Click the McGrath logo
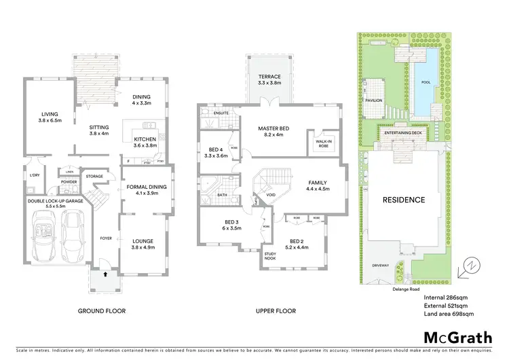click(x=454, y=337)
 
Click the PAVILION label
click(x=392, y=100)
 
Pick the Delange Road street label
click(x=404, y=288)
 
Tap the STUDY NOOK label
click(x=269, y=257)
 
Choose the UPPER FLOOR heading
click(x=273, y=311)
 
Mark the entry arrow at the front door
click(x=105, y=275)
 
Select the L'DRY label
click(x=37, y=177)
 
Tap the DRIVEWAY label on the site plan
click(x=380, y=266)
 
